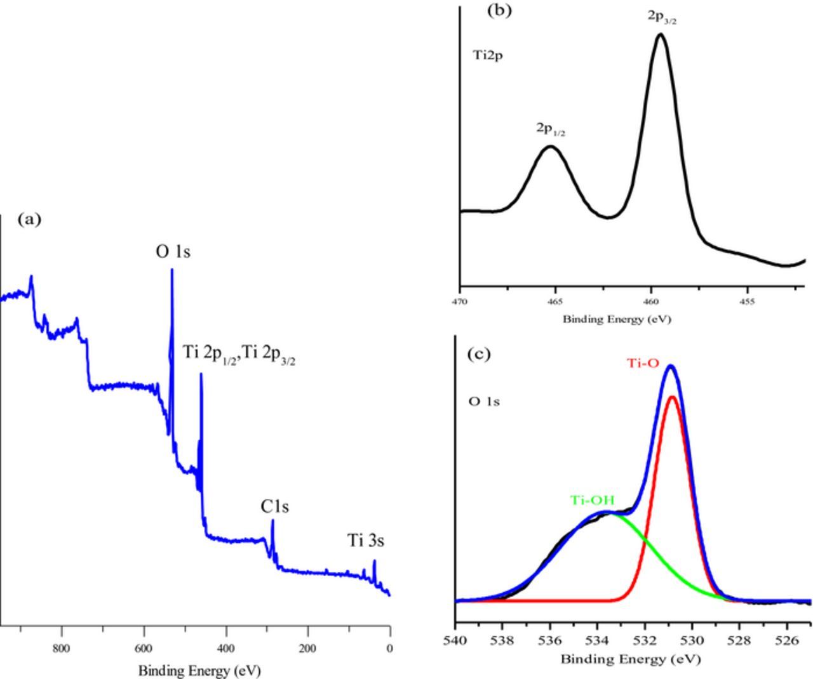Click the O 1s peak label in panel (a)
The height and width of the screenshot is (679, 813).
173,252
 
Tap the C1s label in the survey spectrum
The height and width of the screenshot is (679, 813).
275,507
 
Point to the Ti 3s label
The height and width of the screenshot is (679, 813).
365,541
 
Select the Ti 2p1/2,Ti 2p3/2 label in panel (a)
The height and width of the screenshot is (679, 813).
239,353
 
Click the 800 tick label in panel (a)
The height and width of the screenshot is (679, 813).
61,648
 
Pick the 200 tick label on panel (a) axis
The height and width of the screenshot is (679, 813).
307,648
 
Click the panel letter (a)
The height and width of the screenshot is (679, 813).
30,220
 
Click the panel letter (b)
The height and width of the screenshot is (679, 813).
499,10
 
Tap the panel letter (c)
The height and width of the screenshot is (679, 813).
479,353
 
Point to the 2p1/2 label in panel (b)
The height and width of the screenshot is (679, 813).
551,129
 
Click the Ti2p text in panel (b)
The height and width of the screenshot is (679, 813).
488,55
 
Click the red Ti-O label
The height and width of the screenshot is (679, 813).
643,364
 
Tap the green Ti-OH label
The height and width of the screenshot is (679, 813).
592,500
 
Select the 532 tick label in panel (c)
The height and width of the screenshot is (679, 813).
645,640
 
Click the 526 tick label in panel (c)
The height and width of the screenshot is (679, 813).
788,640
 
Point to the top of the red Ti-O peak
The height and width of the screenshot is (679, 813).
672,397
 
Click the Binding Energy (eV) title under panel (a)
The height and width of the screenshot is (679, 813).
199,670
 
